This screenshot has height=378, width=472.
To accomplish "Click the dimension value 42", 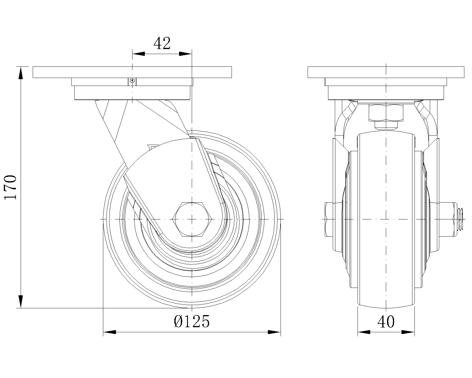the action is (x=162, y=43).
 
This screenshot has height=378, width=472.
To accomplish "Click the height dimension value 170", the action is (x=10, y=187).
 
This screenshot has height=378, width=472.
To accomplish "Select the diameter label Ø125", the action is (x=192, y=322).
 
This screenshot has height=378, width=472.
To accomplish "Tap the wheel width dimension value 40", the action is (x=386, y=322).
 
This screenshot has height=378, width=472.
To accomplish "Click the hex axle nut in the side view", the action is (x=192, y=219).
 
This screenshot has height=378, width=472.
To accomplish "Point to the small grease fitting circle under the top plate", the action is (x=132, y=81).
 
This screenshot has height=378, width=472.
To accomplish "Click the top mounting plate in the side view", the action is (x=132, y=72).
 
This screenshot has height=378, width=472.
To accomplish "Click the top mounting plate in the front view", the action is (x=386, y=72).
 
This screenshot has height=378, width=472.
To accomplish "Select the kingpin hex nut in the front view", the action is (x=386, y=113).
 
